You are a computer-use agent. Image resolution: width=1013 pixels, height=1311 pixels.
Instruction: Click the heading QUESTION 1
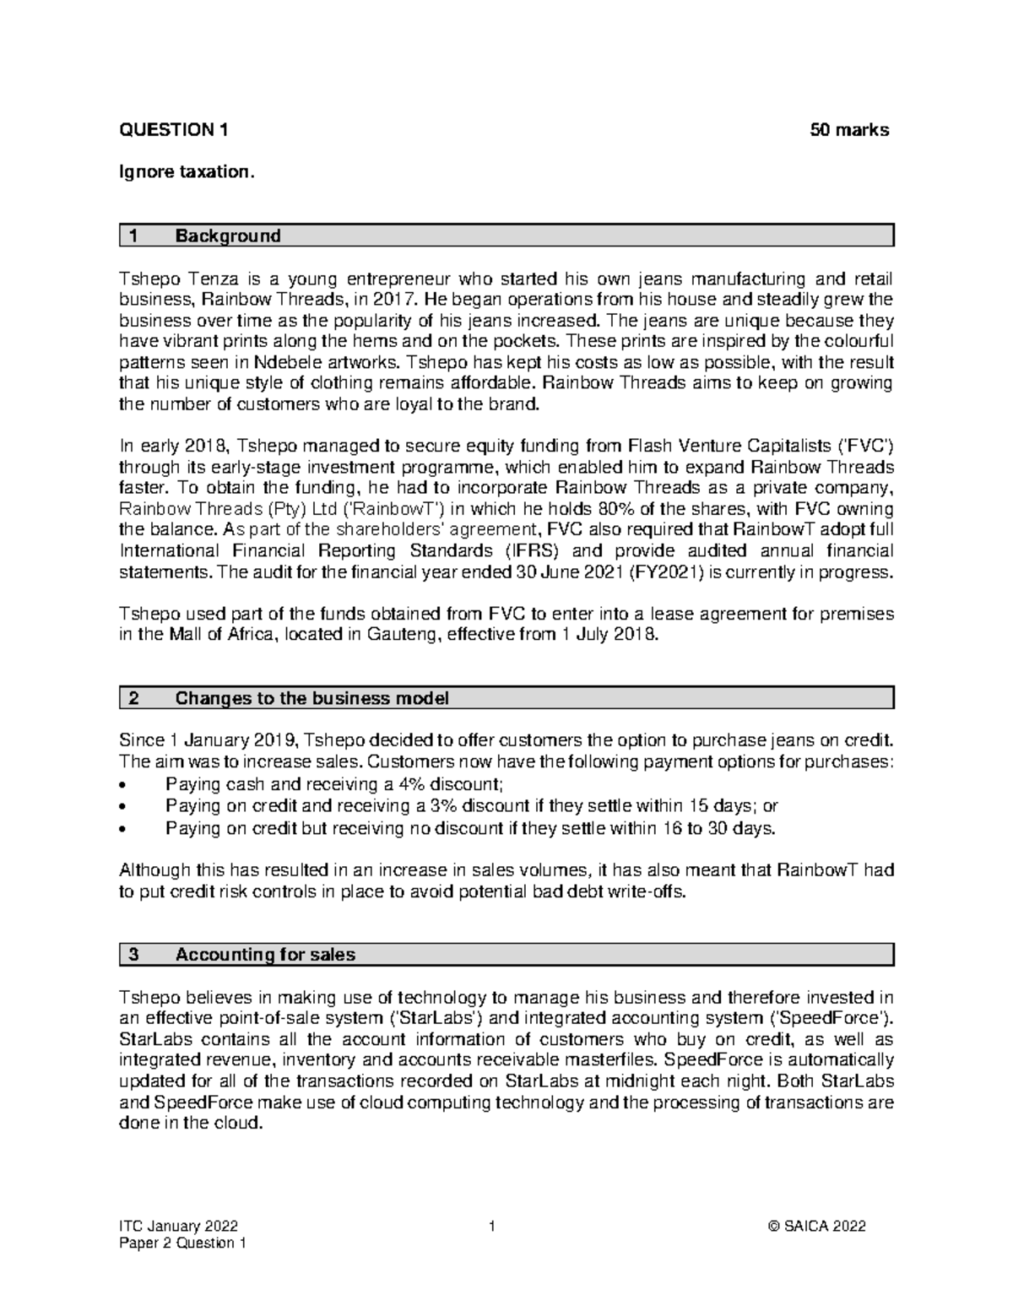pos(173,130)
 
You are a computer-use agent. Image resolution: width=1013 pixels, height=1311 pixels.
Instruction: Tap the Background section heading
pos(227,236)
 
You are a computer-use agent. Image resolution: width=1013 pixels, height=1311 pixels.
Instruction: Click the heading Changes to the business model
pos(311,698)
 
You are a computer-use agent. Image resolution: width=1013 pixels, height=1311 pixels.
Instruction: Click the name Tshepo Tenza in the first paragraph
pos(164,279)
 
